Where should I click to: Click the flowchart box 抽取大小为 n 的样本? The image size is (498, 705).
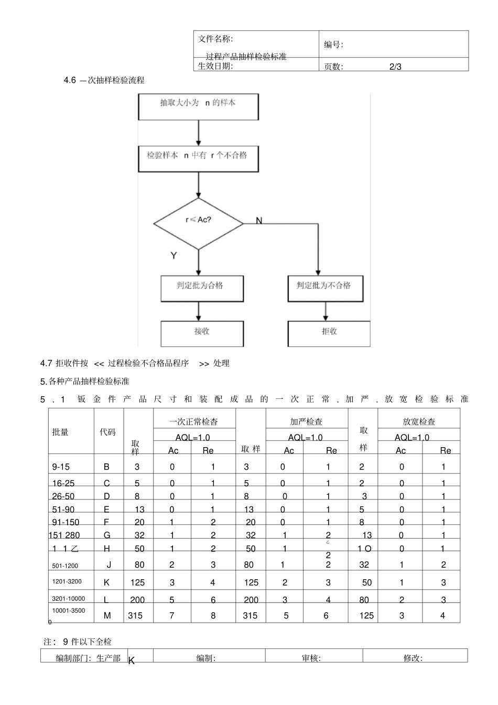tap(198, 107)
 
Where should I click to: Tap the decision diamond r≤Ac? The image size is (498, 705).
tap(198, 224)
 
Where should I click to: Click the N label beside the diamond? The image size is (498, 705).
tap(258, 221)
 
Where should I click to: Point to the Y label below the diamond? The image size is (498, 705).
tap(174, 256)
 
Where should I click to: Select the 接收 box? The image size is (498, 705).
tap(202, 334)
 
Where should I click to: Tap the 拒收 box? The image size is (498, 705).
tap(329, 334)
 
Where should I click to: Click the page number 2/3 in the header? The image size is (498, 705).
tap(395, 67)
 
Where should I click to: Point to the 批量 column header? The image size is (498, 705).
tap(61, 432)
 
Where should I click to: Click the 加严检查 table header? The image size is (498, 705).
tap(307, 421)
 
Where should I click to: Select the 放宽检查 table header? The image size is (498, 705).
tap(419, 421)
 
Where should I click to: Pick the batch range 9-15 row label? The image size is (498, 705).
tap(61, 467)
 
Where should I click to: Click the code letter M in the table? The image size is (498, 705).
tap(107, 615)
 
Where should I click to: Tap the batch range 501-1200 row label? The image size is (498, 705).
tap(65, 566)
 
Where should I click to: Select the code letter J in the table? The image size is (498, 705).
tap(109, 565)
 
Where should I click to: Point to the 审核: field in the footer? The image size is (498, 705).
tap(311, 658)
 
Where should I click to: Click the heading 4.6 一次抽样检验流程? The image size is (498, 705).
tap(104, 80)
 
